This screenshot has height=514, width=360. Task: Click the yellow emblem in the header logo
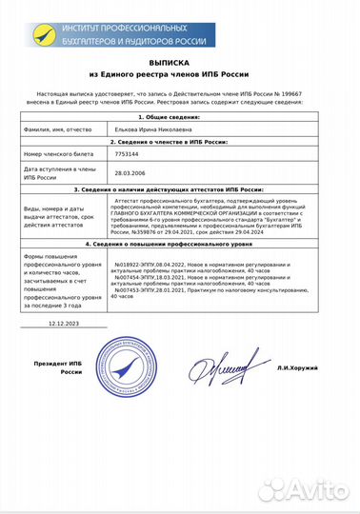[42, 30]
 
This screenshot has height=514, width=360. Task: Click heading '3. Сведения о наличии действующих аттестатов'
[181, 190]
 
